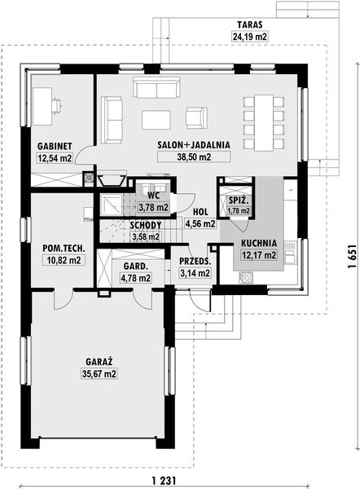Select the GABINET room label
(55, 147)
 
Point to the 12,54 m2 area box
(55, 158)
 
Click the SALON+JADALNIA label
(194, 143)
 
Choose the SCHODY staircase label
(146, 226)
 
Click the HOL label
(199, 211)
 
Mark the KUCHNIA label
(258, 243)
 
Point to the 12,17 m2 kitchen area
(258, 254)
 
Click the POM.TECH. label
(63, 249)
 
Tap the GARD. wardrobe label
(134, 266)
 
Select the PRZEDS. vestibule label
(194, 262)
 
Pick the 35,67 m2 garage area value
(98, 374)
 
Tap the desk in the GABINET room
(46, 105)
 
